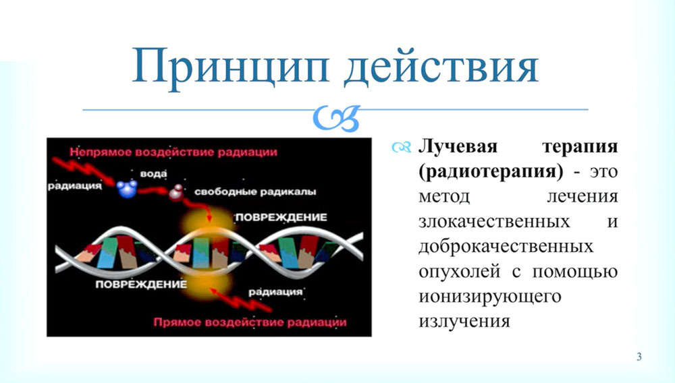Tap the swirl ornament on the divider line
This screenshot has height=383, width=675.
(337, 118)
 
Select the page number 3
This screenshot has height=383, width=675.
(639, 356)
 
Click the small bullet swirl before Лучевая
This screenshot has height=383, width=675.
(401, 148)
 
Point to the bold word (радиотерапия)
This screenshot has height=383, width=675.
(491, 171)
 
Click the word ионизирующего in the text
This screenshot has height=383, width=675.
(490, 297)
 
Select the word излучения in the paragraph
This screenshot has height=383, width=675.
(464, 322)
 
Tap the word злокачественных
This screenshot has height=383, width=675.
(494, 222)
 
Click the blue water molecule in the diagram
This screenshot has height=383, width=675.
(127, 189)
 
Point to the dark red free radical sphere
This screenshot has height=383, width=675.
(175, 193)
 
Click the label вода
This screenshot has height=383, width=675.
(153, 174)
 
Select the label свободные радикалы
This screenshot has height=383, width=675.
(255, 191)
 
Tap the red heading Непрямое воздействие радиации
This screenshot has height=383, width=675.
(173, 152)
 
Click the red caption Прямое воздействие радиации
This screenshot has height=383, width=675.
(250, 322)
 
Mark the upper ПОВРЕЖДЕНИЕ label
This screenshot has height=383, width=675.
(281, 218)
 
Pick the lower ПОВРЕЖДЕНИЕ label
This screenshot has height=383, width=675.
(141, 285)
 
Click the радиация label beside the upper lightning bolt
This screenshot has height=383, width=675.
(74, 186)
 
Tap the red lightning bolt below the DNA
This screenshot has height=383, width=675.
(241, 300)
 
